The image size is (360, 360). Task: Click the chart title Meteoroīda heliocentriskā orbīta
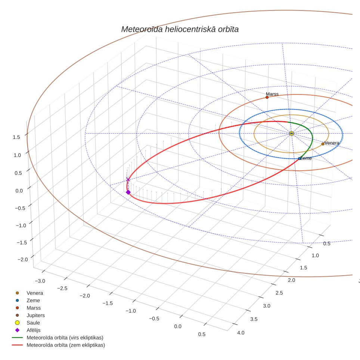(180, 30)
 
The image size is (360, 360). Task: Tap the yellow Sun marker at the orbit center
(291, 133)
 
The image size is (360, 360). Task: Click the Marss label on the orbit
(272, 94)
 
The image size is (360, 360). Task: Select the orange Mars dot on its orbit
(267, 97)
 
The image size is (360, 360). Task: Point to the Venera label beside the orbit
(332, 143)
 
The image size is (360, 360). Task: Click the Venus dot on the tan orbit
(323, 144)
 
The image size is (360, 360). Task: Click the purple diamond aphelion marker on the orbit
(128, 192)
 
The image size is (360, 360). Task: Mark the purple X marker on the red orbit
(128, 179)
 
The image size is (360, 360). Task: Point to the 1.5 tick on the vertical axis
(16, 137)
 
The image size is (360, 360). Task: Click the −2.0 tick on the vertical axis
(23, 260)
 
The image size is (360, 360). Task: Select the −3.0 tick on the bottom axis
(40, 281)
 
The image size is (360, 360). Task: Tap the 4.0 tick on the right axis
(240, 333)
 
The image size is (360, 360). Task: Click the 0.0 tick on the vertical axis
(19, 190)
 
